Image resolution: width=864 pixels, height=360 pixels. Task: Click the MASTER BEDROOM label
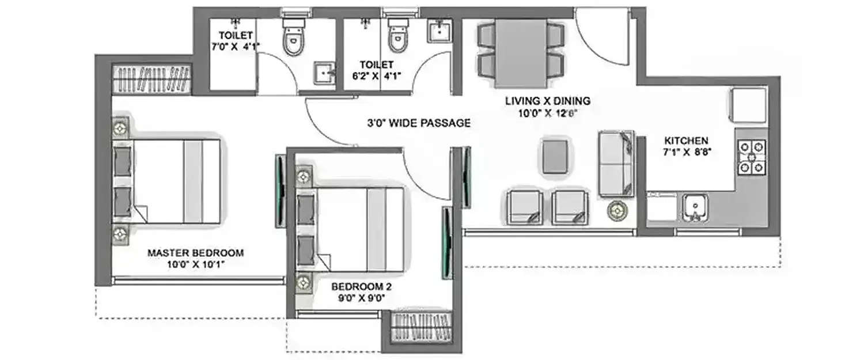195,252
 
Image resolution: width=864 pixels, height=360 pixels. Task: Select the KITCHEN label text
686,141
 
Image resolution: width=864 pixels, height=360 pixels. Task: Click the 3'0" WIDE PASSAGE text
419,123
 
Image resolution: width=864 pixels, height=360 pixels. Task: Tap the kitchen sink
695,208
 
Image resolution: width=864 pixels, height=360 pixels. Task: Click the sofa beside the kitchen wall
616,163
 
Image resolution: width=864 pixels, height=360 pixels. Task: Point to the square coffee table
556,155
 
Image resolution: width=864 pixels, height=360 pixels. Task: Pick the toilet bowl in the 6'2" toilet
397,37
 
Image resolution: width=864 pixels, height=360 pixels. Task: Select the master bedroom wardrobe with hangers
152,79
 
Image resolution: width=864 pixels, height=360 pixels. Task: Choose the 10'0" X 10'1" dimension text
195,264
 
